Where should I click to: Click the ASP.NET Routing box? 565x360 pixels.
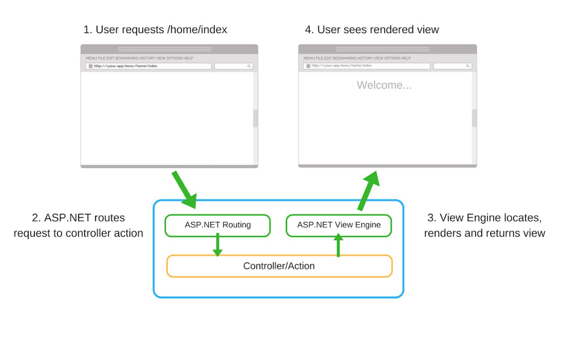point(218,225)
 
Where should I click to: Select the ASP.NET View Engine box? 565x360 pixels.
point(339,225)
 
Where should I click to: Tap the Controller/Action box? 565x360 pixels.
point(279,266)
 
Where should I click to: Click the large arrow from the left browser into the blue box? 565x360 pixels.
point(185,189)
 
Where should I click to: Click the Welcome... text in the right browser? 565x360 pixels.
point(384,85)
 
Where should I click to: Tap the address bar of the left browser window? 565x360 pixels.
point(148,66)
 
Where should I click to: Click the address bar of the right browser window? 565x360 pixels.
point(366,66)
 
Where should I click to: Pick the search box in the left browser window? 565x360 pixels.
point(233,66)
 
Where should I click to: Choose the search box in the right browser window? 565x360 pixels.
point(452,66)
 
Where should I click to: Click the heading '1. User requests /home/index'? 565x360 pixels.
point(155,30)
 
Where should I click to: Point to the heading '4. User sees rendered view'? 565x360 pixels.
point(372,30)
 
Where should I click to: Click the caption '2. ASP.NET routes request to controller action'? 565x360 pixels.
point(78,225)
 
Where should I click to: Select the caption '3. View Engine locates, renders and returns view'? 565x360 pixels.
point(484,225)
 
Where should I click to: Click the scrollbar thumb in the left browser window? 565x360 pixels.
point(256,119)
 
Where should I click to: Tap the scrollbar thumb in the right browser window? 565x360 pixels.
point(474,118)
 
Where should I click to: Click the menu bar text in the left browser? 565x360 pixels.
point(139,58)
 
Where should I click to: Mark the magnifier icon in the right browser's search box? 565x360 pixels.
point(468,66)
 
